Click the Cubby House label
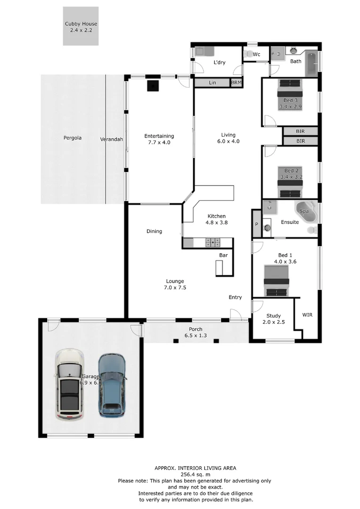(81, 24)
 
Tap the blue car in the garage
(112, 386)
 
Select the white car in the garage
(69, 385)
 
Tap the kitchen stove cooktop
(213, 242)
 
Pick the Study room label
(273, 316)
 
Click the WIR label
(307, 314)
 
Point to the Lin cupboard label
(213, 83)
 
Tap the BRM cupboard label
(236, 83)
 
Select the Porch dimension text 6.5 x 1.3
(196, 336)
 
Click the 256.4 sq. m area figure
(196, 475)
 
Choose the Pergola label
(73, 138)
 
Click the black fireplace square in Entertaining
(153, 86)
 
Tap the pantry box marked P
(257, 225)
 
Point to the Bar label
(223, 255)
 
